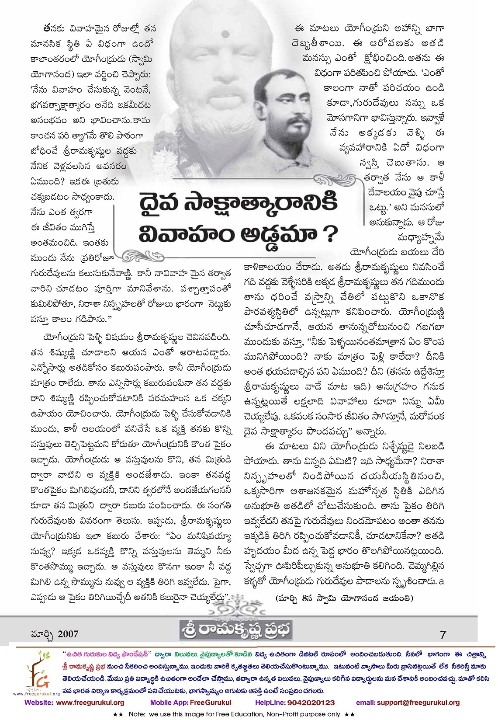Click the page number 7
pyautogui.click(x=443, y=634)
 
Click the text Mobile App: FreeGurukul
pyautogui.click(x=190, y=703)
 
